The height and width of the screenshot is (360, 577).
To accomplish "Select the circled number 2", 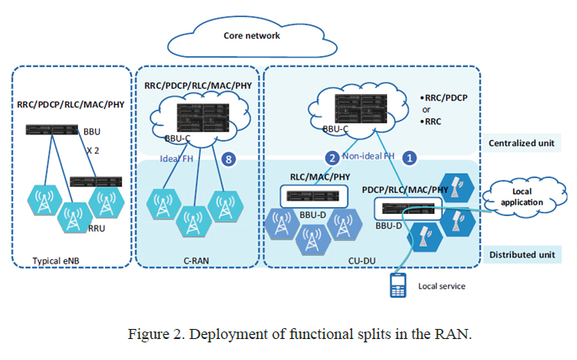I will click(x=332, y=157).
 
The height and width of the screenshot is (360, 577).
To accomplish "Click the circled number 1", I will click(x=410, y=157).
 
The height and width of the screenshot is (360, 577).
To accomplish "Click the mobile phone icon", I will click(x=398, y=284).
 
